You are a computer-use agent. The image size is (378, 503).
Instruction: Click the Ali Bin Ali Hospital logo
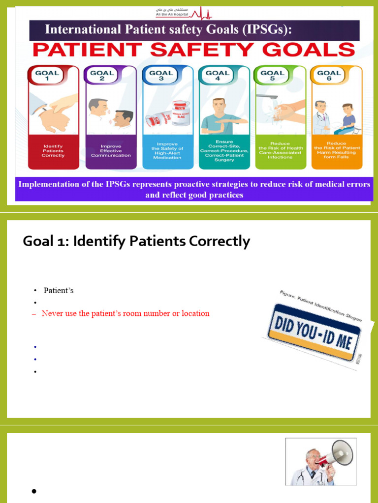tap(189, 12)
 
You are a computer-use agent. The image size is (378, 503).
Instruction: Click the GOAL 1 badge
tap(47, 75)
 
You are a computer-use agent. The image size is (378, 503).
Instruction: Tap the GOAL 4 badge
tap(217, 75)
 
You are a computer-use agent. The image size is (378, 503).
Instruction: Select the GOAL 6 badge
tap(329, 75)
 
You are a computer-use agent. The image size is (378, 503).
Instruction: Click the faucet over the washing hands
tap(266, 96)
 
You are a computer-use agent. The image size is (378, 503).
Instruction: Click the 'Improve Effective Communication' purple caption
tap(111, 151)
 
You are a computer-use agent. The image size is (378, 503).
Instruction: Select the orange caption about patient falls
tap(337, 150)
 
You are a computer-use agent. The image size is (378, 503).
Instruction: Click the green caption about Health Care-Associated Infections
tap(281, 150)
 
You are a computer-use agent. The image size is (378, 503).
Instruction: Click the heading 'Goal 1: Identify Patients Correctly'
tap(136, 241)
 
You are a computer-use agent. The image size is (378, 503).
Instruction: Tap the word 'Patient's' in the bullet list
tap(59, 290)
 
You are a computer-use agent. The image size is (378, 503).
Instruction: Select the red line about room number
tap(126, 313)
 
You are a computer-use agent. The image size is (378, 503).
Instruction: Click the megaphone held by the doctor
tap(336, 454)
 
